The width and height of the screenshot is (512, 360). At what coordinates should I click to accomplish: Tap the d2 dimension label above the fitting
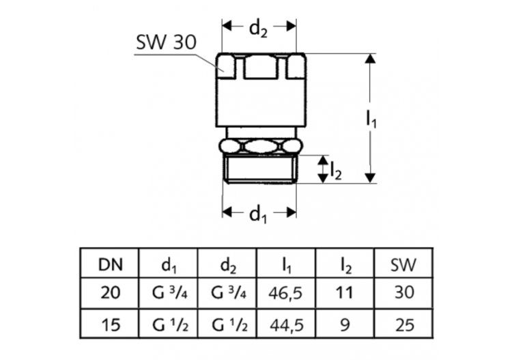258,28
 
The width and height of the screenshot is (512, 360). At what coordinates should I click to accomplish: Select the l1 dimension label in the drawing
371,120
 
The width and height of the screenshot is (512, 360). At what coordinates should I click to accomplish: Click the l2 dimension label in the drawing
335,171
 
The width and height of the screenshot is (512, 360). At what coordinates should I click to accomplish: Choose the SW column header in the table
404,264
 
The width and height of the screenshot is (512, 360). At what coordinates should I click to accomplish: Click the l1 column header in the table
287,264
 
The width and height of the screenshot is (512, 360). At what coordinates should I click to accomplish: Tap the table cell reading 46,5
287,293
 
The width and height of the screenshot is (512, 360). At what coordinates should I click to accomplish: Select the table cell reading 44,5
287,324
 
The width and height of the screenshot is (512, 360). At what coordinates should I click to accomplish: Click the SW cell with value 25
404,324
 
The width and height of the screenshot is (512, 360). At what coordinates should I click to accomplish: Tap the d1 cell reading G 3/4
168,293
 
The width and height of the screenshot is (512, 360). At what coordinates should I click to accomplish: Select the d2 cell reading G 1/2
227,324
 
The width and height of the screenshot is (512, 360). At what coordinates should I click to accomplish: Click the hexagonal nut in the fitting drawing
259,146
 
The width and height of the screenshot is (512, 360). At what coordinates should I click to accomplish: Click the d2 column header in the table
227,264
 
